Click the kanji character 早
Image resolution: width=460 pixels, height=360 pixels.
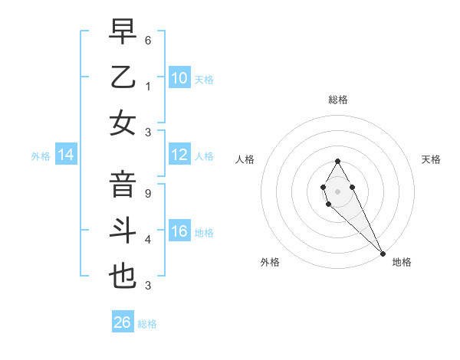click(x=123, y=32)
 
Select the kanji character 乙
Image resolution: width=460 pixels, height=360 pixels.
click(x=123, y=77)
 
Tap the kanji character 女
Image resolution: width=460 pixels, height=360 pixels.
click(x=123, y=123)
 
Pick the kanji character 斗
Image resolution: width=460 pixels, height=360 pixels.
click(x=123, y=231)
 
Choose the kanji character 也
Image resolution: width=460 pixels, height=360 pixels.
click(x=123, y=276)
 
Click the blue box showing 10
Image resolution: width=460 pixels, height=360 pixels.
click(x=179, y=77)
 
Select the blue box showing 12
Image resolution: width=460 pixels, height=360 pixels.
click(x=179, y=155)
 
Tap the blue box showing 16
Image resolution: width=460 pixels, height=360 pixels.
click(x=179, y=232)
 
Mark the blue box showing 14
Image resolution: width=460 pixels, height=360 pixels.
click(x=66, y=155)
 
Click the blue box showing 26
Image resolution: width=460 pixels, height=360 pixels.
click(x=123, y=322)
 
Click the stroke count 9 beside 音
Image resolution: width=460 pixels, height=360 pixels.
click(x=147, y=194)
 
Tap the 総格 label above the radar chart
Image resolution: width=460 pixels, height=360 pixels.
click(x=337, y=100)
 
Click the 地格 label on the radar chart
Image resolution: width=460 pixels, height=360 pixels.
click(x=402, y=262)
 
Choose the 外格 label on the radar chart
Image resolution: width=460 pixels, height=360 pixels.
click(x=270, y=262)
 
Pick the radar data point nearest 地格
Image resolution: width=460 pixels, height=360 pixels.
click(x=382, y=254)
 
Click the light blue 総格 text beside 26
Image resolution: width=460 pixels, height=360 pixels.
click(x=147, y=324)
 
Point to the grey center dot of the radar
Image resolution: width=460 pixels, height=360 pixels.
click(x=337, y=191)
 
